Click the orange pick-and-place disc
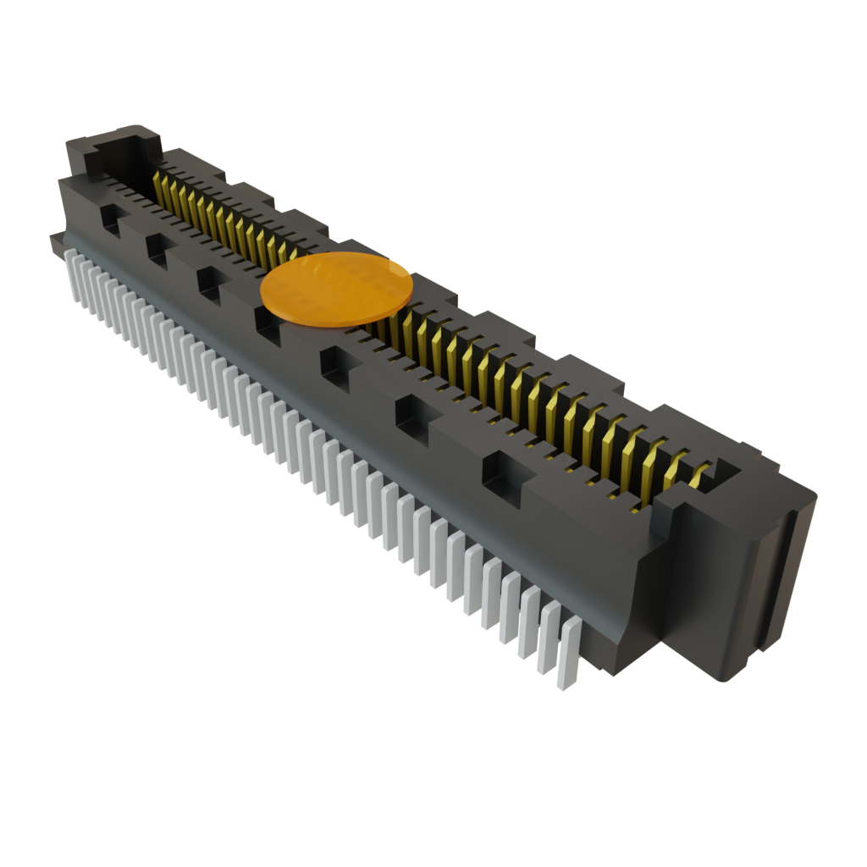click(x=336, y=288)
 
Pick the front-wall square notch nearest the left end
click(x=111, y=218)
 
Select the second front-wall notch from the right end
click(x=413, y=418)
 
